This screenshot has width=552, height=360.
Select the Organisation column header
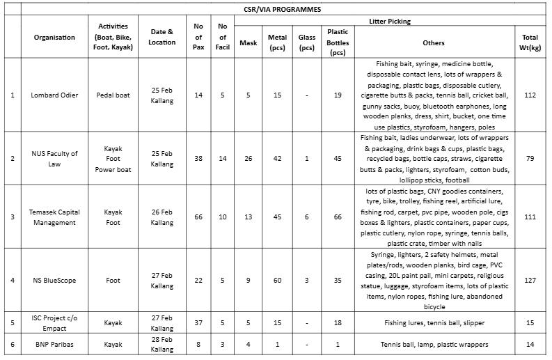coord(54,38)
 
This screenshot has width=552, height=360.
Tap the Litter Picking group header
coord(388,22)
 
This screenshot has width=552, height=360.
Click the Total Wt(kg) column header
coord(530,42)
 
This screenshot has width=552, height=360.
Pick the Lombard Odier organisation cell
coord(54,95)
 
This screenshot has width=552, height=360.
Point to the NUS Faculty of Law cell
coord(54,159)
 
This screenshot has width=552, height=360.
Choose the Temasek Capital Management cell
coord(54,217)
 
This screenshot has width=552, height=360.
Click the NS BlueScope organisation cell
coord(54,280)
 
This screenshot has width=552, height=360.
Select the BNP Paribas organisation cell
coord(54,344)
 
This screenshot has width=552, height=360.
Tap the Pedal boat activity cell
coord(113,95)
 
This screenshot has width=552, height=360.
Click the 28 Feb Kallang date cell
coord(162,344)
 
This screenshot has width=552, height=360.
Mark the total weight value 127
coord(530,280)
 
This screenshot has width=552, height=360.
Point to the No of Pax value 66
coord(198,217)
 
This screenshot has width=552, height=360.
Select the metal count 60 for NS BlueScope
coord(277,280)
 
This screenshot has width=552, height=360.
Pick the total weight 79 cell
coord(530,159)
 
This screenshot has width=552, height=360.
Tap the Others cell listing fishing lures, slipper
coord(433,323)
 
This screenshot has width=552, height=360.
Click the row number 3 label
coord(12,217)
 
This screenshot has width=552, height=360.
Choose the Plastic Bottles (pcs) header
coord(338,42)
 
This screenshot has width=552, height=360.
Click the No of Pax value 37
coord(198,323)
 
